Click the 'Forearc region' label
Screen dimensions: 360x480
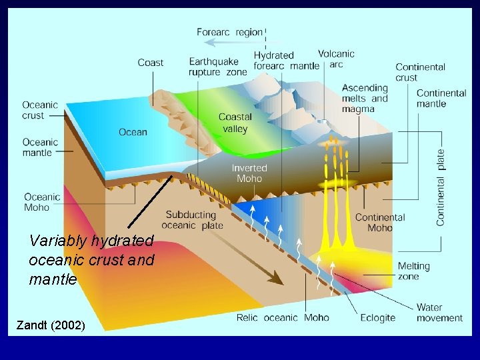tap(229, 32)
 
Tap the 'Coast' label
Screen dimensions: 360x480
tap(150, 63)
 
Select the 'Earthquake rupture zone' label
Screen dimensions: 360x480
tap(217, 67)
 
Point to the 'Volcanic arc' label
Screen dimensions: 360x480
tap(336, 59)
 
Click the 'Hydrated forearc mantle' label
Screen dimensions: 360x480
tap(277, 60)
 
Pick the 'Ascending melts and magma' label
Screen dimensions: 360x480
tap(365, 98)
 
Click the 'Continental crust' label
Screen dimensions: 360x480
tap(420, 72)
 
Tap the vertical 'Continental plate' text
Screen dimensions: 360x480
tap(441, 187)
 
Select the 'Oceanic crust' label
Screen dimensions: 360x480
tap(40, 110)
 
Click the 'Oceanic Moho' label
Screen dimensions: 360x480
tap(42, 202)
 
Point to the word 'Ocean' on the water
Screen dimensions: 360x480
tap(133, 132)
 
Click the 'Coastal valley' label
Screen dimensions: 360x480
tap(235, 123)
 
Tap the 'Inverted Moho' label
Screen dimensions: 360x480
tap(249, 173)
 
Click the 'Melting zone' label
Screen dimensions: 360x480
tap(413, 271)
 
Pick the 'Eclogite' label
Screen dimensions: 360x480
tap(377, 317)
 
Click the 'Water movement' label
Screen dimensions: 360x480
tap(439, 313)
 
